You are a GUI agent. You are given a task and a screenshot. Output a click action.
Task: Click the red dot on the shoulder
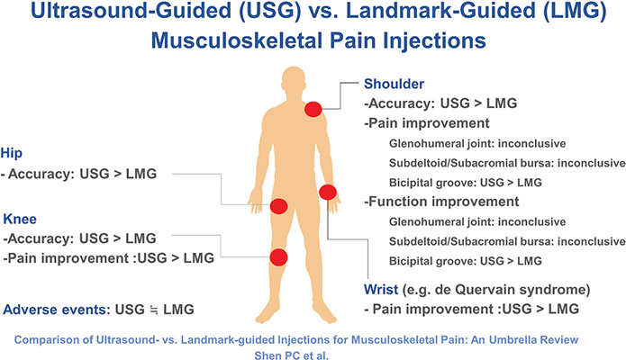tap(313, 109)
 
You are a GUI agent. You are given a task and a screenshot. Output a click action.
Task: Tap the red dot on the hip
tap(278, 206)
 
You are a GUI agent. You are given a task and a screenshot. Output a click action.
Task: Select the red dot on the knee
tap(278, 257)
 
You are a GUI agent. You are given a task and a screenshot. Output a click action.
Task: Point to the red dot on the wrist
tap(328, 193)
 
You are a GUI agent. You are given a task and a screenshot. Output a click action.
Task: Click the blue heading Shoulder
tap(394, 84)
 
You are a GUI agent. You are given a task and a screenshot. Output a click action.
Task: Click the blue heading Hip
tap(11, 153)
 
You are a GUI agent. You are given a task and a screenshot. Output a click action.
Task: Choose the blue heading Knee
tap(20, 219)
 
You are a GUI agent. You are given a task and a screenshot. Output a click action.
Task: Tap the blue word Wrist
tap(381, 290)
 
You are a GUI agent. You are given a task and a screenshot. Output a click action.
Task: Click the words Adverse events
tap(55, 310)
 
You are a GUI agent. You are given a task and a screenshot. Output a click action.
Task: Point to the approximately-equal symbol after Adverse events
tap(154, 310)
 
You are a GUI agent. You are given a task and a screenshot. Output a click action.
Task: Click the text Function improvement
tap(441, 202)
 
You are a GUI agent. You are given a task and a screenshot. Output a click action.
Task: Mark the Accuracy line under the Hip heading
tap(78, 174)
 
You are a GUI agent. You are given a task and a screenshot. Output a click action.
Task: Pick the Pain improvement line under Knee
tap(109, 258)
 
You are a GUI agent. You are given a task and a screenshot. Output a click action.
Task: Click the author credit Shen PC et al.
tap(292, 355)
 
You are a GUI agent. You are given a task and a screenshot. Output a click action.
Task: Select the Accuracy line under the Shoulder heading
tap(440, 103)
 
